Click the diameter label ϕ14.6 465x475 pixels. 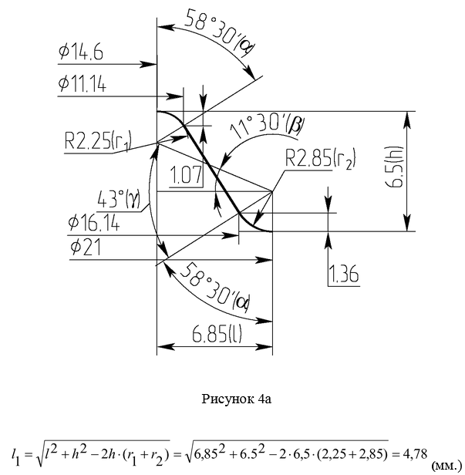(80, 53)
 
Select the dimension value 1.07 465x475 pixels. (187, 175)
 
